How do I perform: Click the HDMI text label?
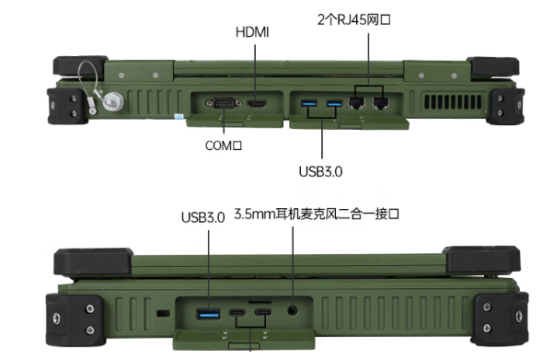[252, 32]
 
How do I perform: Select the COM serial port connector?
[221, 102]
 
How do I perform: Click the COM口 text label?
[222, 145]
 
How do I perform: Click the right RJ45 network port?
[378, 102]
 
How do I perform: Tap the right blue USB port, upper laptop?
[331, 102]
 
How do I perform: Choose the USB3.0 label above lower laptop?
[202, 218]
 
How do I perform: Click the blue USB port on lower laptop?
[210, 315]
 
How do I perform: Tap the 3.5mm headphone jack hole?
[294, 312]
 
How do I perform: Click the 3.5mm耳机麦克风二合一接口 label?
[319, 215]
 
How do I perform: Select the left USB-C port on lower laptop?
[237, 315]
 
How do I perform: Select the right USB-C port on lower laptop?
[263, 315]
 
